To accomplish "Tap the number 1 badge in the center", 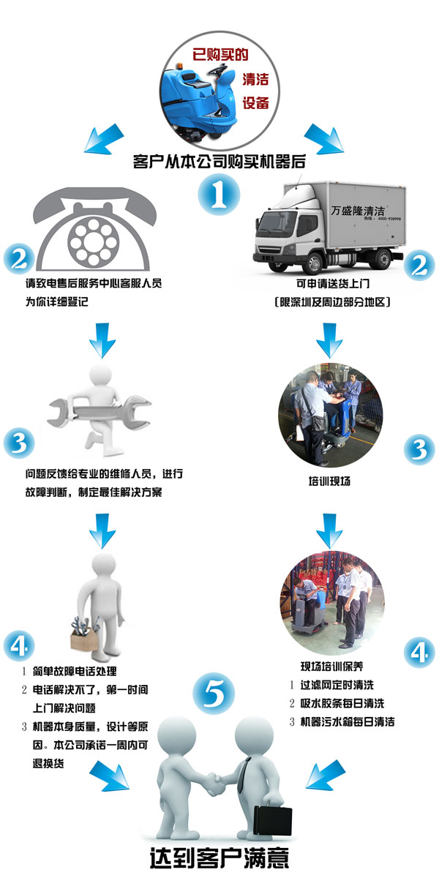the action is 219,194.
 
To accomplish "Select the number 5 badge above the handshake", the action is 214,693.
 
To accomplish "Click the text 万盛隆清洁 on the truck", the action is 358,211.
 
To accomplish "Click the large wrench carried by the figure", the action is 100,413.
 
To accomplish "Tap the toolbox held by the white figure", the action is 84,637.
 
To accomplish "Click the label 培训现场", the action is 329,481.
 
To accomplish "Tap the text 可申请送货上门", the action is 333,283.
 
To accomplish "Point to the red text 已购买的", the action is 220,54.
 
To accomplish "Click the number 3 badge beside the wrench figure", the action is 19,443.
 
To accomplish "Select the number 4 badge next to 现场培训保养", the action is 419,652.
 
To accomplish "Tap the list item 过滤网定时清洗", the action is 337,685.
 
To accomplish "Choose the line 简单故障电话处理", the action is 75,672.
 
